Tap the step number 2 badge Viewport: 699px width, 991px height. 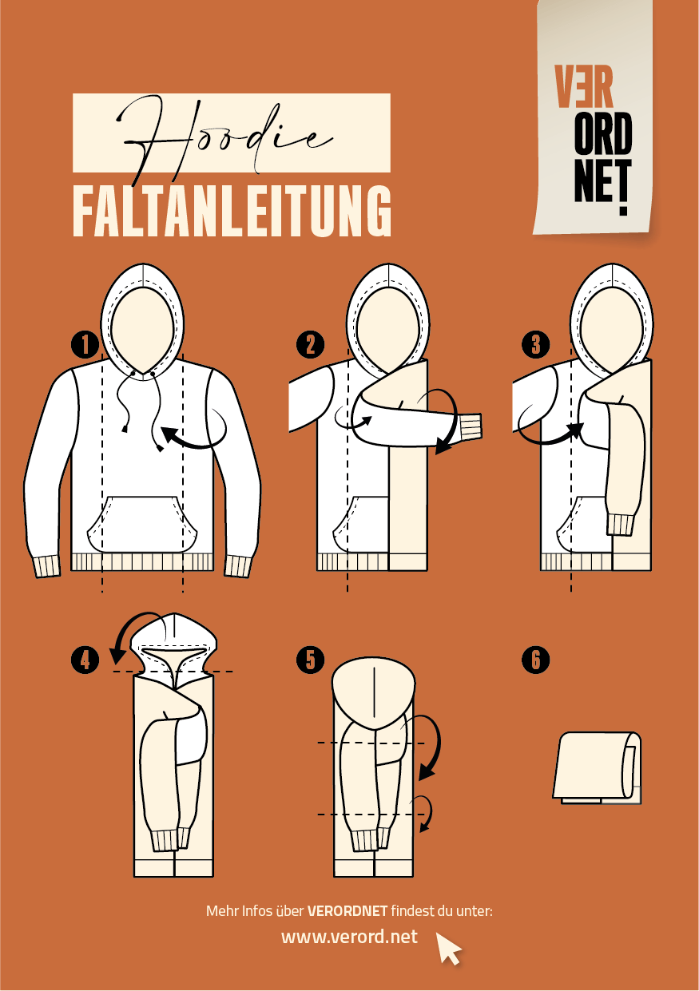310,344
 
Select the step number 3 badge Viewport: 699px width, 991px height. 536,344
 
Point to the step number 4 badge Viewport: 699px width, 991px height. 85,660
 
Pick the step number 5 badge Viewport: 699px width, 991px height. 310,660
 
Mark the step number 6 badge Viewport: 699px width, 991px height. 536,660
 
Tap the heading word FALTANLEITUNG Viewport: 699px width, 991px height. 232,211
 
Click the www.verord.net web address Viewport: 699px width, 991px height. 349,936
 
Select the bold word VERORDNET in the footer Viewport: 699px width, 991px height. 348,911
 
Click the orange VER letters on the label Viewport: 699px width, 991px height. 584,87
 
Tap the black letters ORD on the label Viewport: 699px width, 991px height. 603,134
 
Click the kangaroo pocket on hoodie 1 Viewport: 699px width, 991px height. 142,525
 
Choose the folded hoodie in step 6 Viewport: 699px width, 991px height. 597,767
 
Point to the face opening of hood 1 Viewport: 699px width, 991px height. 142,330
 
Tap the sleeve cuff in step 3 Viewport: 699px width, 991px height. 620,525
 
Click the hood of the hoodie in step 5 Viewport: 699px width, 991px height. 374,692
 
